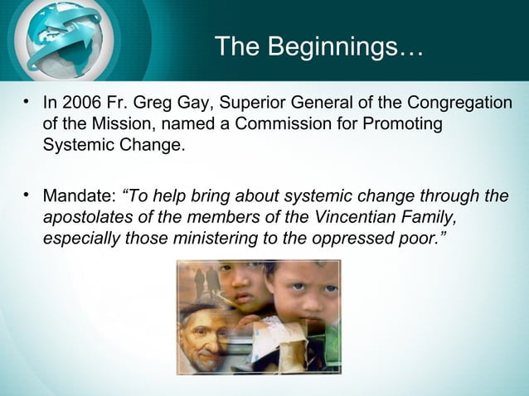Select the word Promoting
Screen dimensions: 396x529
[x=400, y=125]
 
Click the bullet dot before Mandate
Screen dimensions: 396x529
[x=27, y=196]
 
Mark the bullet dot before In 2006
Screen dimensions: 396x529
[x=27, y=103]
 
